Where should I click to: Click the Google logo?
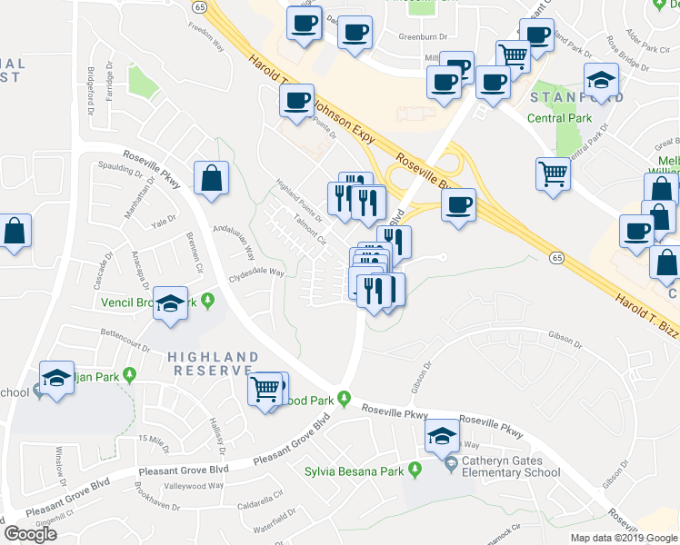coord(31,534)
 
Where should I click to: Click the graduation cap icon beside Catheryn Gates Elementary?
coord(442,438)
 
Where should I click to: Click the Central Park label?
coord(559,118)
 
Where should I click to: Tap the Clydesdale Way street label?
coord(257,272)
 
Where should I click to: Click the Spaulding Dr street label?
coord(121,166)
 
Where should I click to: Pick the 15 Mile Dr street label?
coord(154,440)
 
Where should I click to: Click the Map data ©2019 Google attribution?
coord(623,538)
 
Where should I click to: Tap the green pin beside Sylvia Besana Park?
coord(415,470)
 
